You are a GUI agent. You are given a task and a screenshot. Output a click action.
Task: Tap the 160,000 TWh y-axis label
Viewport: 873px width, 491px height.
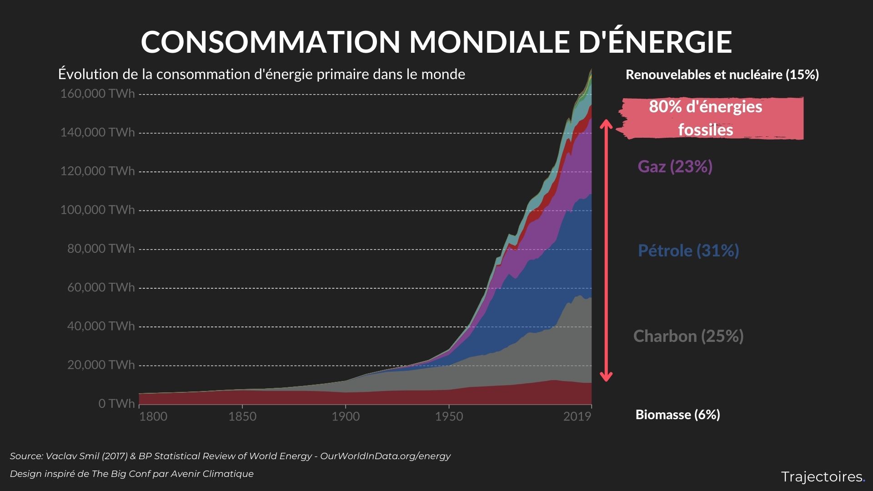pos(97,94)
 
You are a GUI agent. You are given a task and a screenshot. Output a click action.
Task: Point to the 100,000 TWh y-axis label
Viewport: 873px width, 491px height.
pos(97,210)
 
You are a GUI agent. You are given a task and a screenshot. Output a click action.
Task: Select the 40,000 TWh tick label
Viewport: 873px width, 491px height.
pos(101,326)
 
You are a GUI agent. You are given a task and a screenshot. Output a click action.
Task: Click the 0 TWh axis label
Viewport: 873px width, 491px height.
pos(116,404)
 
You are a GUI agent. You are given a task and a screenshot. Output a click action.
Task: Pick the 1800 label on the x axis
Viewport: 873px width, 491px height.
pos(153,416)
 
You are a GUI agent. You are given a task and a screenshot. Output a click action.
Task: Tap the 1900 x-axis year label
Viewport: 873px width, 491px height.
pos(346,416)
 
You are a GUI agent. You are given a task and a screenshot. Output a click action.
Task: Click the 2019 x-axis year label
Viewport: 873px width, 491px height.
pos(577,416)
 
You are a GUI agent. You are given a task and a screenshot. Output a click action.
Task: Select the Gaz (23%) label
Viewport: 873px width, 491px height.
pos(675,166)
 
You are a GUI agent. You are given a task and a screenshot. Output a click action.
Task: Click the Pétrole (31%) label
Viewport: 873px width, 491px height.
pos(688,251)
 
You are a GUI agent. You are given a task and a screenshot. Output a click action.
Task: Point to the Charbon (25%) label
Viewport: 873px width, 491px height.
pos(688,336)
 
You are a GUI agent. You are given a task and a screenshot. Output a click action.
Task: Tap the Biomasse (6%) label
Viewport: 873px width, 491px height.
pos(677,415)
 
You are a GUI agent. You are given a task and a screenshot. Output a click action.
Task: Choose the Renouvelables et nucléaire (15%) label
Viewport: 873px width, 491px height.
pos(722,75)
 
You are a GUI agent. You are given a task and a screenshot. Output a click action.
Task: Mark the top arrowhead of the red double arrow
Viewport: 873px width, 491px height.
pos(606,124)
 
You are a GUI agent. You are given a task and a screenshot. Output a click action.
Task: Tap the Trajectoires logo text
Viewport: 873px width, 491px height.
pos(822,477)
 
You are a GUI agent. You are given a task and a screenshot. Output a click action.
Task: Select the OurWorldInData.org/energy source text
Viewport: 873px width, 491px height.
pos(385,456)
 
